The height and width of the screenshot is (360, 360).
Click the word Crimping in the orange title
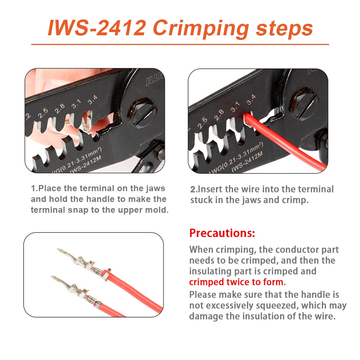tap(201, 29)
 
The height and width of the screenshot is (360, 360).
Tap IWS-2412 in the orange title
tap(97, 28)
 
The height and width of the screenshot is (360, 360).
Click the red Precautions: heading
tap(222, 233)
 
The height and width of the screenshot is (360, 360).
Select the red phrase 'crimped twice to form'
tap(236, 282)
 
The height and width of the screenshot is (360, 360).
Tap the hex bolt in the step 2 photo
tap(305, 104)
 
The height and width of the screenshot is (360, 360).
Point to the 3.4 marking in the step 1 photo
tap(92, 100)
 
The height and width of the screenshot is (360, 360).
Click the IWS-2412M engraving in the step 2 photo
tap(247, 162)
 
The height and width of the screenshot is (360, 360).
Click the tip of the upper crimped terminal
tap(58, 249)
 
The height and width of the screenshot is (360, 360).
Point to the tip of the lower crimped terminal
tap(52, 277)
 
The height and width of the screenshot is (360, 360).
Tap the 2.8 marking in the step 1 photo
tap(59, 109)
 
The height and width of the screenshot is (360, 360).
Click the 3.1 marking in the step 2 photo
tap(235, 107)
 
